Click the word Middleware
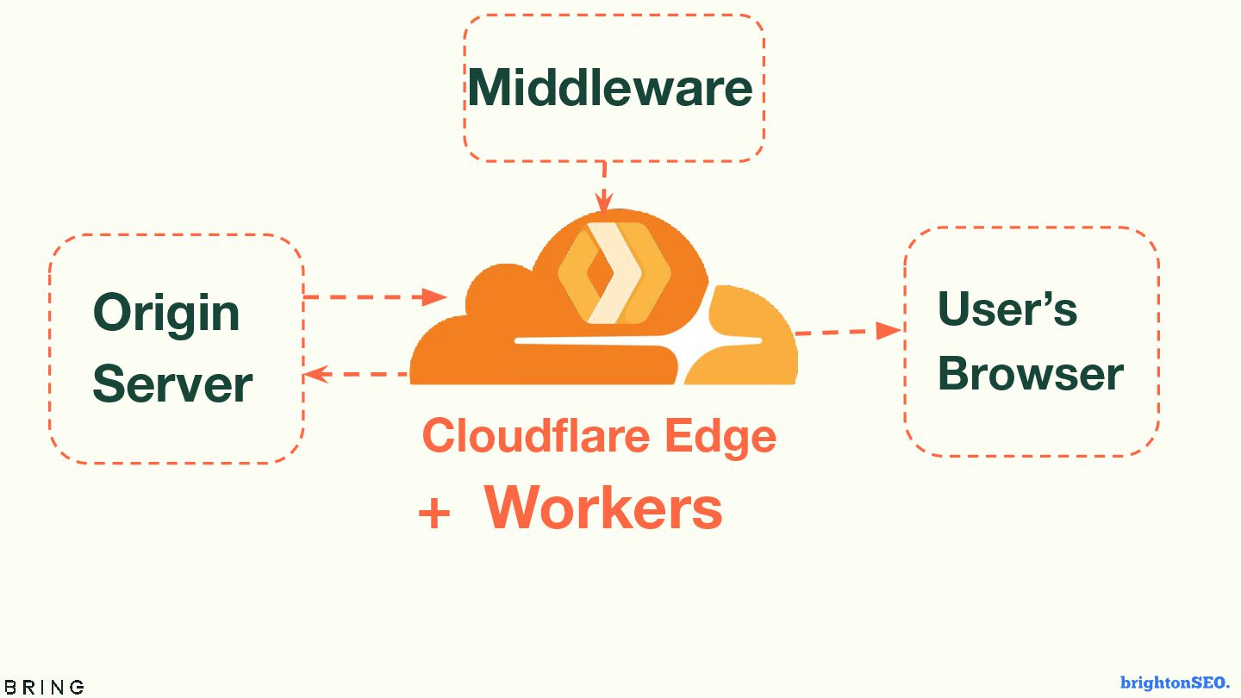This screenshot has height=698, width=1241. coord(609,88)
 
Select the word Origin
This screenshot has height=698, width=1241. coord(166,313)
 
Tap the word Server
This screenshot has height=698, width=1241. coord(172,383)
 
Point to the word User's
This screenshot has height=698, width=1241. coord(1007,308)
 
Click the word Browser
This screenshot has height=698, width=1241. coord(1030,373)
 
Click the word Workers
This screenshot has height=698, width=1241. coord(603,508)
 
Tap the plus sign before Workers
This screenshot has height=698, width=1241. coord(434,514)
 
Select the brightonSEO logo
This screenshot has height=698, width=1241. coord(1175,682)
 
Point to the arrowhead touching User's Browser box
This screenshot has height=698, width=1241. coord(889,330)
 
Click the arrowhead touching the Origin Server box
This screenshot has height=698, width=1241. coord(315,374)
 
